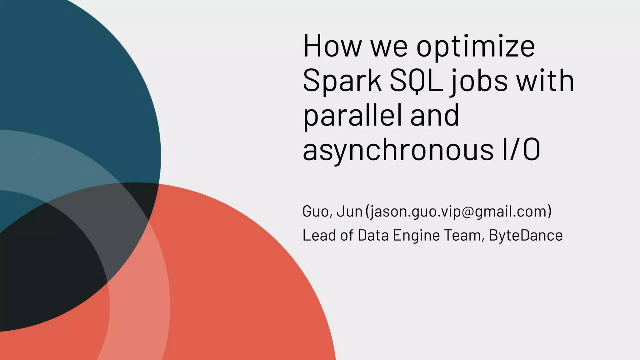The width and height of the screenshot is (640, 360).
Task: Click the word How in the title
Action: pos(332,46)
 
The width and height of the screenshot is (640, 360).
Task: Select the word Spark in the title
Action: pos(342,81)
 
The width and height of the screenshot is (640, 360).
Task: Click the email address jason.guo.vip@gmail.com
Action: pos(458,212)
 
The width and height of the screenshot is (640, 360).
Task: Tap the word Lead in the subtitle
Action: pos(319,235)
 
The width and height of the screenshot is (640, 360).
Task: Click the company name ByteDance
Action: pos(526,235)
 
